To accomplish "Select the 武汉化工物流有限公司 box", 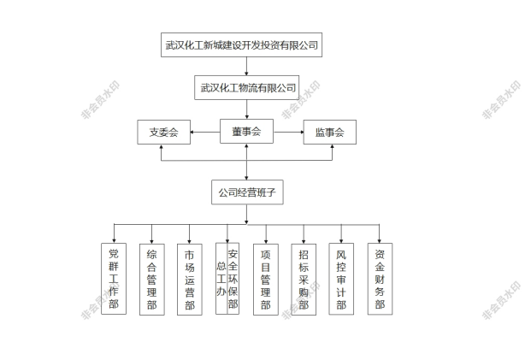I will pos(247,87).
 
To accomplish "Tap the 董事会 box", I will pos(245,131).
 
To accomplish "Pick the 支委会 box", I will pos(163,133).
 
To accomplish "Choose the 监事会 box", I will pos(329,133).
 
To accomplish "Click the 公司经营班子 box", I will pos(247,192).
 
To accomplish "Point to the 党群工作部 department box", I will pos(114,279).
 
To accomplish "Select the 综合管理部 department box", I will pos(151,279).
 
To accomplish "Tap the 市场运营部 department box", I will pos(190,279).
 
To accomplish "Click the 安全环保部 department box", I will pos(233,278).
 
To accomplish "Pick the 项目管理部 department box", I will pos(266,279).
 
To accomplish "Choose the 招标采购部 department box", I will pos(304,279).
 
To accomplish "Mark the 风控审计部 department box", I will pos(341,279).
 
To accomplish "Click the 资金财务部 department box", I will pos(380,279).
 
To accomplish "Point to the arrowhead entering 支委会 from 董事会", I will pos(193,132).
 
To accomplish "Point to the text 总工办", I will pos(221,279).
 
